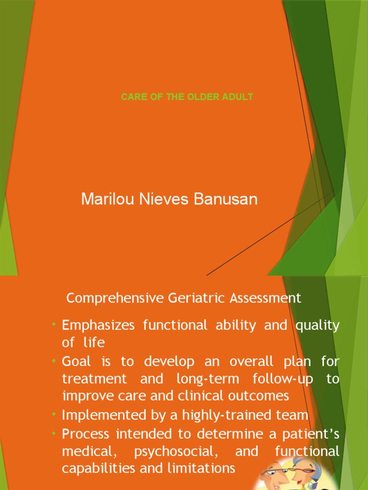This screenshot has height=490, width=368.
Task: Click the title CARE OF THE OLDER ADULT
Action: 187,97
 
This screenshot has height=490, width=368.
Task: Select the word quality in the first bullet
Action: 317,326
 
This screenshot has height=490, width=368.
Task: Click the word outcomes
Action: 262,396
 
